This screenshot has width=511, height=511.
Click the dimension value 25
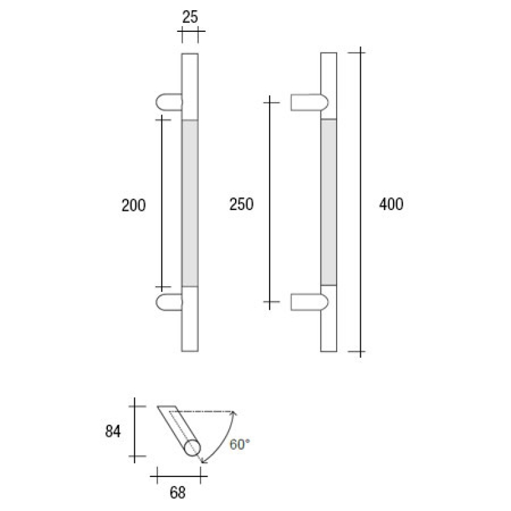(190, 17)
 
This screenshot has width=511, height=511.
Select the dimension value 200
(134, 205)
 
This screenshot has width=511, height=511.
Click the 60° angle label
(240, 445)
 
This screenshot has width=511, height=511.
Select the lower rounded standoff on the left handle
(168, 302)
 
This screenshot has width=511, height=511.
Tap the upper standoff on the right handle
(309, 102)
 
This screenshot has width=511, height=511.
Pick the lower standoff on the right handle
(309, 301)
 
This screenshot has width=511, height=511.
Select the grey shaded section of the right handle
(328, 201)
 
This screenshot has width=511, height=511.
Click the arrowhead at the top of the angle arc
(234, 413)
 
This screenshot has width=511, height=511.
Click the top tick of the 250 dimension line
(271, 100)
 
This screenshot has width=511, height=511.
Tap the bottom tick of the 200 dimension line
(163, 288)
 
